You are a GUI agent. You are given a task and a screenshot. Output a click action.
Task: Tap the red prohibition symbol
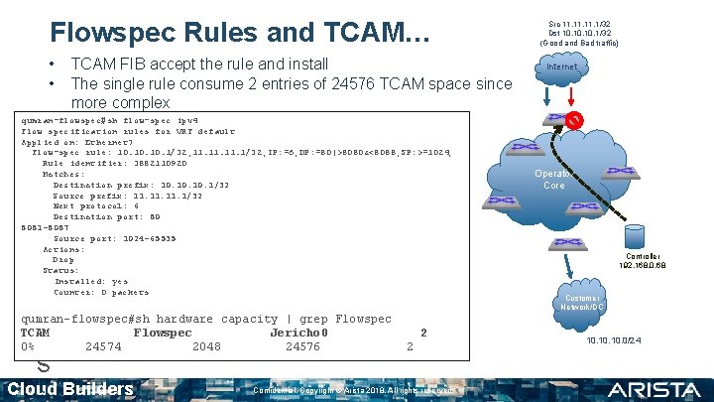click(573, 120)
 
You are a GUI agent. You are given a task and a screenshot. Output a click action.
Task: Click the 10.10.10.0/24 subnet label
click(615, 340)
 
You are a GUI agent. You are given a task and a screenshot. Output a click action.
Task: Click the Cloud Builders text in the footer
click(70, 388)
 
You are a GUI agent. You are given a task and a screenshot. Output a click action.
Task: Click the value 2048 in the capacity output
click(207, 346)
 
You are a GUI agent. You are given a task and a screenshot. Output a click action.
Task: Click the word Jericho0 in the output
click(298, 333)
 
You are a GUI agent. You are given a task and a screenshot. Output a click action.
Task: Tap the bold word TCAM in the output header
click(36, 333)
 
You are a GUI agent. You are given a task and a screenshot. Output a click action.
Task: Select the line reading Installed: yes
click(91, 281)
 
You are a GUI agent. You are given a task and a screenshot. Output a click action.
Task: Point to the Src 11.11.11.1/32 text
click(579, 23)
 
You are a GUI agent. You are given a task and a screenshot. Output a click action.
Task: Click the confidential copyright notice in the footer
click(354, 390)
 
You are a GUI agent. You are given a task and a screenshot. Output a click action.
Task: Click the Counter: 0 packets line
click(101, 292)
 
